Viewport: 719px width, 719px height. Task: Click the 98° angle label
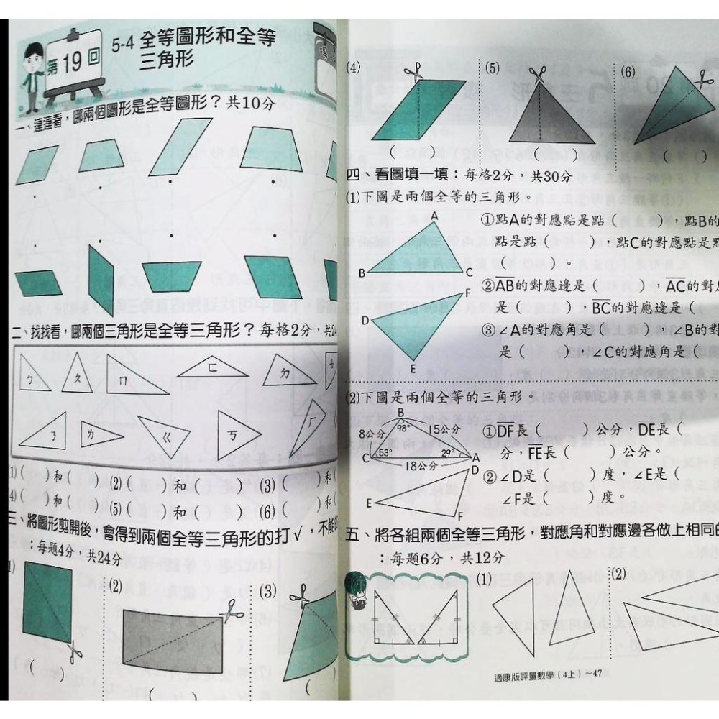coord(403,427)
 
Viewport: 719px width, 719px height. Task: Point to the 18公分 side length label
coord(421,465)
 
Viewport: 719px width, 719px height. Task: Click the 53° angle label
coord(385,453)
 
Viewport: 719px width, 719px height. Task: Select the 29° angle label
coord(448,453)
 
